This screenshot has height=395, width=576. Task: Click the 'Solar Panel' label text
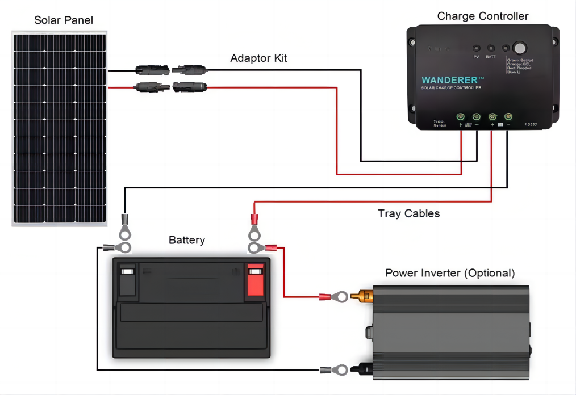tap(64, 20)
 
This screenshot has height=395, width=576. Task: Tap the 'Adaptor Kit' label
tap(258, 58)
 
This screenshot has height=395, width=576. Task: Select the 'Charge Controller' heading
tap(482, 16)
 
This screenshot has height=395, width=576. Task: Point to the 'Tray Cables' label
tap(408, 214)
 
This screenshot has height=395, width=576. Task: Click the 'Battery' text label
tap(186, 240)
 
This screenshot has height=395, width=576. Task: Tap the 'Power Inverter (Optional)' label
tap(450, 273)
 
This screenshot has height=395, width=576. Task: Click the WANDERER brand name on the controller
tap(452, 80)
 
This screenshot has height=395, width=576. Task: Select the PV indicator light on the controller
tap(476, 49)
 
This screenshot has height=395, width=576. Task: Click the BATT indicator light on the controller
tap(491, 49)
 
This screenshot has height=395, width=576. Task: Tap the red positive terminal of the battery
tap(255, 280)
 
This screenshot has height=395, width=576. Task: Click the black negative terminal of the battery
tap(127, 280)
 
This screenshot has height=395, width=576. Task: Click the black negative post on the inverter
tap(362, 369)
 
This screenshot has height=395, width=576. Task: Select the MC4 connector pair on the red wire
tap(170, 87)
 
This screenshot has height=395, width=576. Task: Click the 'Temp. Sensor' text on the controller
tap(439, 123)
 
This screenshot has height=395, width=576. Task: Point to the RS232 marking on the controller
tap(531, 124)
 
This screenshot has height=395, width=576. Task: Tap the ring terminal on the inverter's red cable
tap(339, 296)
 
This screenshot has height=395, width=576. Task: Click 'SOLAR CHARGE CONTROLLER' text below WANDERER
tap(450, 88)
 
